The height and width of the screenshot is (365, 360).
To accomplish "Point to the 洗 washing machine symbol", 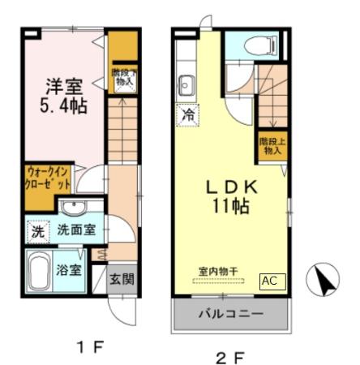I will coord(37,230).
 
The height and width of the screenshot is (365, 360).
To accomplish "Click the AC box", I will coord(270,281).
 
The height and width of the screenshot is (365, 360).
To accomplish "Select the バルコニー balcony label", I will coord(230,314).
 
